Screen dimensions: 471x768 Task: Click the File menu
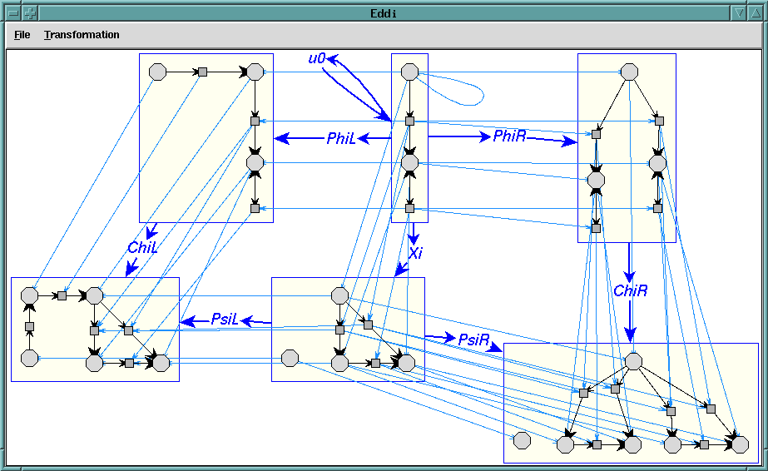pyautogui.click(x=22, y=35)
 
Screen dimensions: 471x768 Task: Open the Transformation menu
pyautogui.click(x=82, y=35)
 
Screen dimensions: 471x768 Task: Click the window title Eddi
pyautogui.click(x=384, y=12)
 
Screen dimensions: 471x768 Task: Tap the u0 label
pyautogui.click(x=316, y=59)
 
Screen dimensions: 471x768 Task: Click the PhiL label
pyautogui.click(x=341, y=139)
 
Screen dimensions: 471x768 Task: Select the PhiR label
pyautogui.click(x=509, y=136)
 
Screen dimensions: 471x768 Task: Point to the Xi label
pyautogui.click(x=415, y=253)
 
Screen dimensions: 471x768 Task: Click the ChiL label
pyautogui.click(x=143, y=247)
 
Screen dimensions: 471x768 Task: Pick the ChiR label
pyautogui.click(x=630, y=290)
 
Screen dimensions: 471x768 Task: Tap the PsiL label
pyautogui.click(x=225, y=319)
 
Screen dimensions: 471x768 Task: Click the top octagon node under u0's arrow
pyautogui.click(x=409, y=72)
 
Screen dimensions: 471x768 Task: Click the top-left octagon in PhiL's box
pyautogui.click(x=156, y=72)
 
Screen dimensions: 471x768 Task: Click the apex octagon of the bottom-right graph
pyautogui.click(x=633, y=361)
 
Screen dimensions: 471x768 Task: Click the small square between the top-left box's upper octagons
pyautogui.click(x=201, y=72)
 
